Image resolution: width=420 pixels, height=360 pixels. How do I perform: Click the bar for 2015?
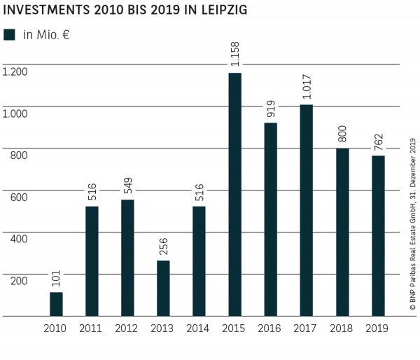click(234, 194)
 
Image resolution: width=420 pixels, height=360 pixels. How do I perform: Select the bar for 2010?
click(55, 304)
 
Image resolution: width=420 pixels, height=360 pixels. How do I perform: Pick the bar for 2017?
click(306, 210)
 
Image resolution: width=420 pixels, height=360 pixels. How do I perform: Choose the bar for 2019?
click(377, 235)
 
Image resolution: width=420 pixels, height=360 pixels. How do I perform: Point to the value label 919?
click(270, 109)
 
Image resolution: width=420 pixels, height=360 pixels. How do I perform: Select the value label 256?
click(163, 247)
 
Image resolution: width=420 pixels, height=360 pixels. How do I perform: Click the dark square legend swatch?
click(9, 34)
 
